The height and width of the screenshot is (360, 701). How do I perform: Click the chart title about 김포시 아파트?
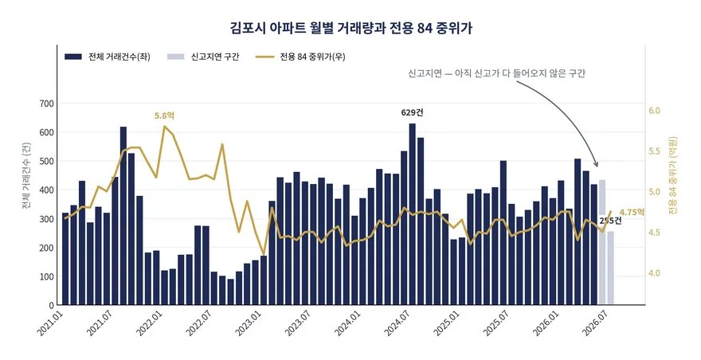coord(351,28)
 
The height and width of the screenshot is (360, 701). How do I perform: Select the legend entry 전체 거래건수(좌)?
coord(108,57)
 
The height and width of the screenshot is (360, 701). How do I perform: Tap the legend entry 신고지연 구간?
coord(203,57)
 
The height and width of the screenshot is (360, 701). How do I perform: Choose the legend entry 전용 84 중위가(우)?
coord(300,57)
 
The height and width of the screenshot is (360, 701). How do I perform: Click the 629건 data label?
coord(412,112)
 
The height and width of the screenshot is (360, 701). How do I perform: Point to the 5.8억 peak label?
coord(165,115)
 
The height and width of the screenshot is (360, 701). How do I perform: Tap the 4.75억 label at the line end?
coord(632,212)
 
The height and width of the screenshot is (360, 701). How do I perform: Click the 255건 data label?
coord(610,221)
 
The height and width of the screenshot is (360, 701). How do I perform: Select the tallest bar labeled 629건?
coord(412,214)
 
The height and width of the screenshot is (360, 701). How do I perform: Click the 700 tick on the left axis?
coord(46,104)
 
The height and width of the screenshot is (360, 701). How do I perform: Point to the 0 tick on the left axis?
coord(52,305)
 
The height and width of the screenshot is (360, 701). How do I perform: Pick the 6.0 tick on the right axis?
coord(654,111)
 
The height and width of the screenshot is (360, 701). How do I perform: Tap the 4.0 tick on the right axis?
coord(654,273)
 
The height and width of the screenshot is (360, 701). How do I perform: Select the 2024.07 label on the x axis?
coord(397,324)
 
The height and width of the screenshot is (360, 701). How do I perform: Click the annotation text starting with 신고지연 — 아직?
coord(497,73)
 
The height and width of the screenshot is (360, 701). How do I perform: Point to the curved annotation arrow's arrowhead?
coord(596,164)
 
